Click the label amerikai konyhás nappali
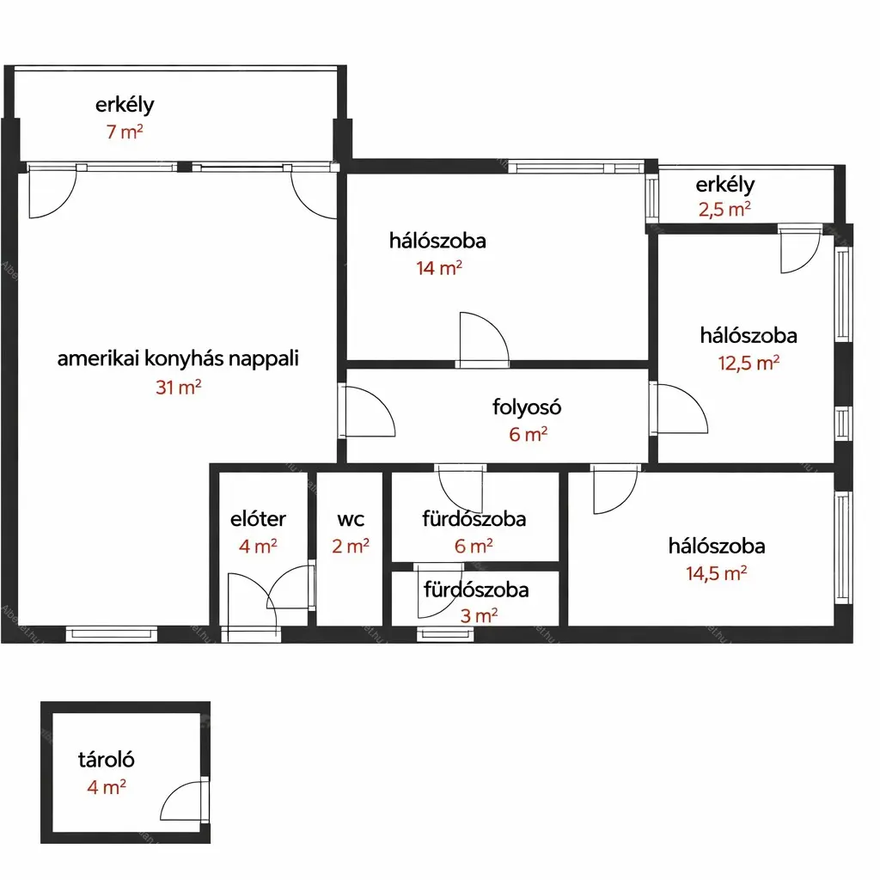click(x=178, y=358)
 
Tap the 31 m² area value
click(x=179, y=388)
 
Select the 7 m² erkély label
click(x=125, y=105)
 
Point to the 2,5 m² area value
click(x=724, y=210)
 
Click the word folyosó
click(x=527, y=406)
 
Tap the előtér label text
click(x=258, y=518)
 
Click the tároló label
click(x=106, y=760)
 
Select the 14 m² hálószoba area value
click(x=439, y=268)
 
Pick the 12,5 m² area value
click(x=749, y=364)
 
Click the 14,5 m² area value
click(x=717, y=573)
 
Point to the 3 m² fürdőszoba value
click(x=479, y=615)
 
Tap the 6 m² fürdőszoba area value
click(x=474, y=546)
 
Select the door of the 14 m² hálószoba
click(x=485, y=339)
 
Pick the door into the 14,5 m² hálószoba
click(x=615, y=489)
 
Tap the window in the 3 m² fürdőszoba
click(x=446, y=634)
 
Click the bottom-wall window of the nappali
click(x=112, y=634)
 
